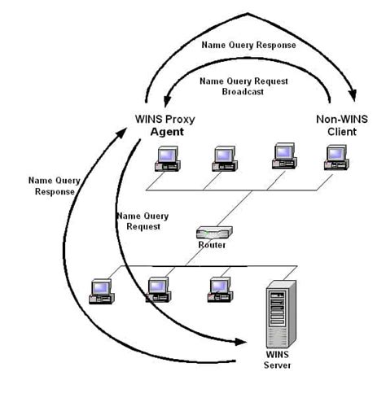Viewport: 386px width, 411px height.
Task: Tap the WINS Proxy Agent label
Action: (x=164, y=125)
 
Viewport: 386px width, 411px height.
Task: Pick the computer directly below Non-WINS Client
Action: (x=336, y=157)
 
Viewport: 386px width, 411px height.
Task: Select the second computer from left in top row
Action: (x=224, y=157)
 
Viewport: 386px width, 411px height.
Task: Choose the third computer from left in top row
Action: (x=283, y=157)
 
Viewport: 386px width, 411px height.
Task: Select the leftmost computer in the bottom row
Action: (x=102, y=290)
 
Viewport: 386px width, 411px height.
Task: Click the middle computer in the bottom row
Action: (x=157, y=290)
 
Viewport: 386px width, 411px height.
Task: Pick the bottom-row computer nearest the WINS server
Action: (x=218, y=290)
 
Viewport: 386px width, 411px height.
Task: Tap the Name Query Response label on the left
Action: (x=52, y=186)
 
